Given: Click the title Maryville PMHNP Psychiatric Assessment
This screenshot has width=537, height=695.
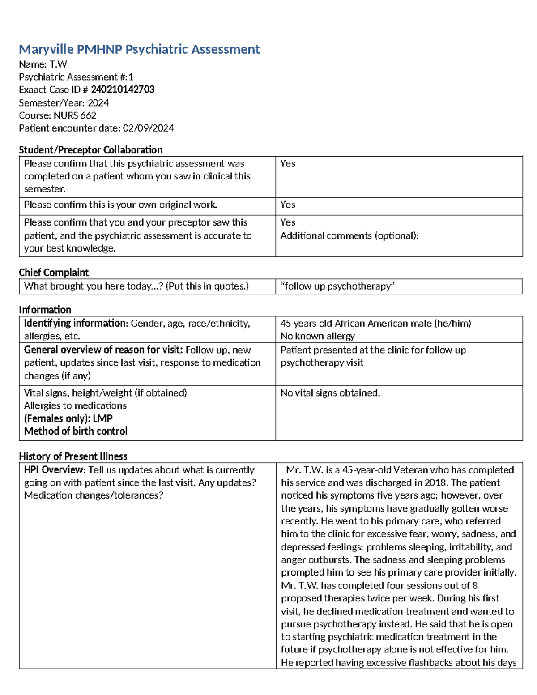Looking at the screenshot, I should pyautogui.click(x=139, y=49).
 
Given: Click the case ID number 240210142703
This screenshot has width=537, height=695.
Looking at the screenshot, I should pyautogui.click(x=123, y=90).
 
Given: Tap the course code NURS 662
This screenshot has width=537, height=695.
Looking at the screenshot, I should pyautogui.click(x=75, y=115).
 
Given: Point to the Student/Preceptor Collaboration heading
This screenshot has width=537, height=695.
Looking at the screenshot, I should pyautogui.click(x=90, y=150).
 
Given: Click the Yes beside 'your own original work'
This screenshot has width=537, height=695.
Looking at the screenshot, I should pyautogui.click(x=288, y=205).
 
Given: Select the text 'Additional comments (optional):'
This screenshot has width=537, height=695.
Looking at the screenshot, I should pyautogui.click(x=349, y=236).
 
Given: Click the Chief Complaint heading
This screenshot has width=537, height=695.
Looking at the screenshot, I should pyautogui.click(x=54, y=273).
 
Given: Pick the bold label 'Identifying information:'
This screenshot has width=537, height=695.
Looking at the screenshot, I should pyautogui.click(x=76, y=324).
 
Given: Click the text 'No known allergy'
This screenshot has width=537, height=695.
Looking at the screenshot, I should pyautogui.click(x=317, y=336).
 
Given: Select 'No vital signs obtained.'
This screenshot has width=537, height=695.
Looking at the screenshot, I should pyautogui.click(x=330, y=393).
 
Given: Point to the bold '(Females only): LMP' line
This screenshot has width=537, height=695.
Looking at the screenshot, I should pyautogui.click(x=68, y=418).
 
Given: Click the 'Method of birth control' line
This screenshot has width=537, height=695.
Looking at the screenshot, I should pyautogui.click(x=76, y=431).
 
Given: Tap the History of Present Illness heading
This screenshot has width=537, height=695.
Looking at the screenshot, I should pyautogui.click(x=73, y=456).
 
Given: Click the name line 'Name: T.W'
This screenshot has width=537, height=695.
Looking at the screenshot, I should pyautogui.click(x=43, y=64).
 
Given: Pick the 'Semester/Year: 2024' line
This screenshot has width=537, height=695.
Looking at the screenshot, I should pyautogui.click(x=64, y=103).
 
